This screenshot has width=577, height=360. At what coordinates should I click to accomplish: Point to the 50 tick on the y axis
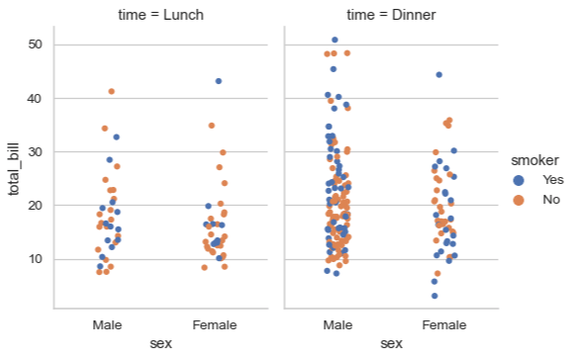pos(36,45)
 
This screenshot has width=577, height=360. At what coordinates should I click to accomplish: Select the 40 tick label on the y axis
pos(36,99)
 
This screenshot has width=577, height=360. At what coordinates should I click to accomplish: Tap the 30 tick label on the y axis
pos(36,152)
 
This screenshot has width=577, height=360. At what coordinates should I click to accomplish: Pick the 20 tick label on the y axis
pos(36,206)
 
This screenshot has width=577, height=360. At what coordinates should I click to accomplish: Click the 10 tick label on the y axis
pos(36,259)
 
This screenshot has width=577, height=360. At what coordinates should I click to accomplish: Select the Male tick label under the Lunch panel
pos(107,324)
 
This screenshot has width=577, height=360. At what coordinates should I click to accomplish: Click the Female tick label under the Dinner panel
pos(444,324)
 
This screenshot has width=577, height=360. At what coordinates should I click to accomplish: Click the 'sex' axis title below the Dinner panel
pos(392,343)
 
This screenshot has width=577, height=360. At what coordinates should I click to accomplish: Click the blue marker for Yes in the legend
pos(518,180)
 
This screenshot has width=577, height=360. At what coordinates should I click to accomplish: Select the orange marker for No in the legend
pos(518,200)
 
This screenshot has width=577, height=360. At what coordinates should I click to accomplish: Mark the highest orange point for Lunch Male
pos(111,92)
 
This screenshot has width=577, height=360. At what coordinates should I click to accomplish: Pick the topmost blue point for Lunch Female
pos(219,81)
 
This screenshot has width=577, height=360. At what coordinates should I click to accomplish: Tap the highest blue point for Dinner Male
pos(335,41)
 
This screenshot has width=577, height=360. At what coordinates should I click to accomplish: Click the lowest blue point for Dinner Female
pos(434,296)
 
